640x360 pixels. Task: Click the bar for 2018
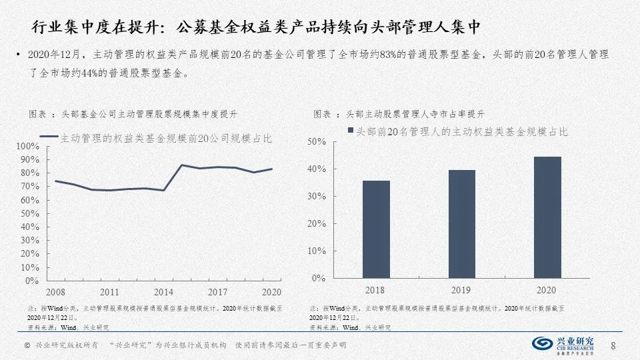377,229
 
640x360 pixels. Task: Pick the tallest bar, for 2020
547,217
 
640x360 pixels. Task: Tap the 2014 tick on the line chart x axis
163,292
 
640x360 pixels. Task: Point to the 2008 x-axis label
55,292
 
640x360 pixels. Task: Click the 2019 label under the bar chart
461,291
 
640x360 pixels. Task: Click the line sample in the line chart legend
49,137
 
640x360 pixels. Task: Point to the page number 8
613,345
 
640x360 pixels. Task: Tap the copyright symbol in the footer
27,345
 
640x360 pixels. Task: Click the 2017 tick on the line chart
217,292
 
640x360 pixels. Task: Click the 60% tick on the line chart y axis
30,200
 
